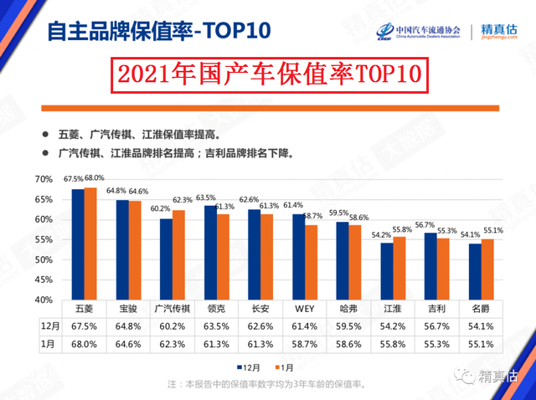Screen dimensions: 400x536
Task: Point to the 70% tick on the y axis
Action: coord(43,180)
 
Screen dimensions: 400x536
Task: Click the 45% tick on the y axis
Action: coord(43,279)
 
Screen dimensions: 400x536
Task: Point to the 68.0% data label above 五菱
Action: coord(95,178)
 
